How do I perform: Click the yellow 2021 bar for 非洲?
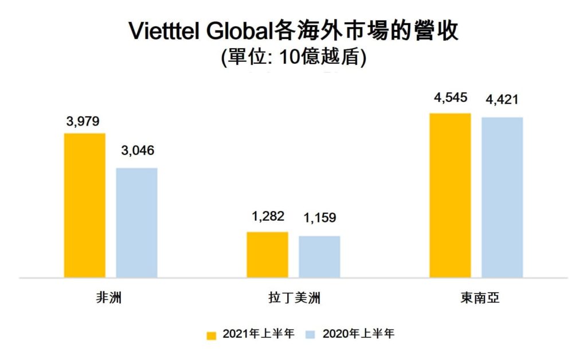point(84,205)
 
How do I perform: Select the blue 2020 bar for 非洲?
point(136,222)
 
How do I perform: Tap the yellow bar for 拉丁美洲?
point(267,255)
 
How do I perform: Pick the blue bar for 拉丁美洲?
point(319,256)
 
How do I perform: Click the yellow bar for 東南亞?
point(450,195)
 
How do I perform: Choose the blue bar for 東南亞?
point(502,197)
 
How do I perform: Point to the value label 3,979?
point(83,121)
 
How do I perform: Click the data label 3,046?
point(137,151)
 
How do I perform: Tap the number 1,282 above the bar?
point(268,217)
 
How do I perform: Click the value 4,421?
point(502,100)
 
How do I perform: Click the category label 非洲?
point(109,298)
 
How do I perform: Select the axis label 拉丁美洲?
point(293,298)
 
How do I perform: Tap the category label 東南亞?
point(476,298)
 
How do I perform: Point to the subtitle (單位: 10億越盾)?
point(293,58)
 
